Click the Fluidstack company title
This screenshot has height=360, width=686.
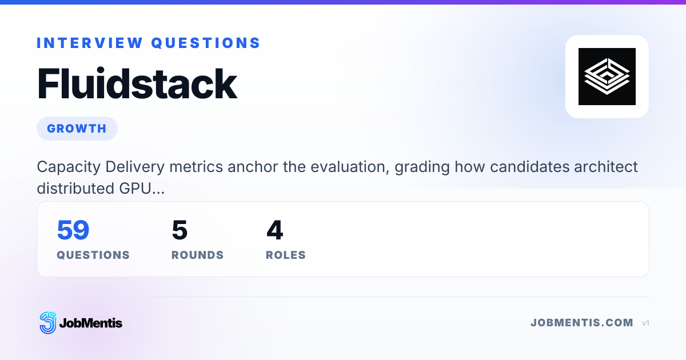point(137,84)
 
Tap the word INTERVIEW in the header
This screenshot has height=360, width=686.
point(90,43)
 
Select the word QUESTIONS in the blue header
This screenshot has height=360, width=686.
point(205,43)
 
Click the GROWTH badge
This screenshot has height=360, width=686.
point(77,129)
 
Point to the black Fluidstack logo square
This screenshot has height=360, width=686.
point(607,77)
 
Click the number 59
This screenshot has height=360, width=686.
point(73,230)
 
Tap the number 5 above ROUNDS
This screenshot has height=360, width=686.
point(180,230)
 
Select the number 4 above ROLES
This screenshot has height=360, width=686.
point(275,230)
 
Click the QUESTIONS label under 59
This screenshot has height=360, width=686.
point(93,255)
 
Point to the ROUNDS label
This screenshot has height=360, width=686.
point(198,255)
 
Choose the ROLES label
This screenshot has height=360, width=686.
point(286,255)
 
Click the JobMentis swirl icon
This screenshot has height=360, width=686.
point(48,323)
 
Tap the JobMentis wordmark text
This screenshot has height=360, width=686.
point(91,323)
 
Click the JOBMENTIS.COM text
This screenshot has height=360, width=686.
point(582,323)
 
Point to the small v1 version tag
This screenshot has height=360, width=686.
point(645,323)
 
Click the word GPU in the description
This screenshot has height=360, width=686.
point(135,189)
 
